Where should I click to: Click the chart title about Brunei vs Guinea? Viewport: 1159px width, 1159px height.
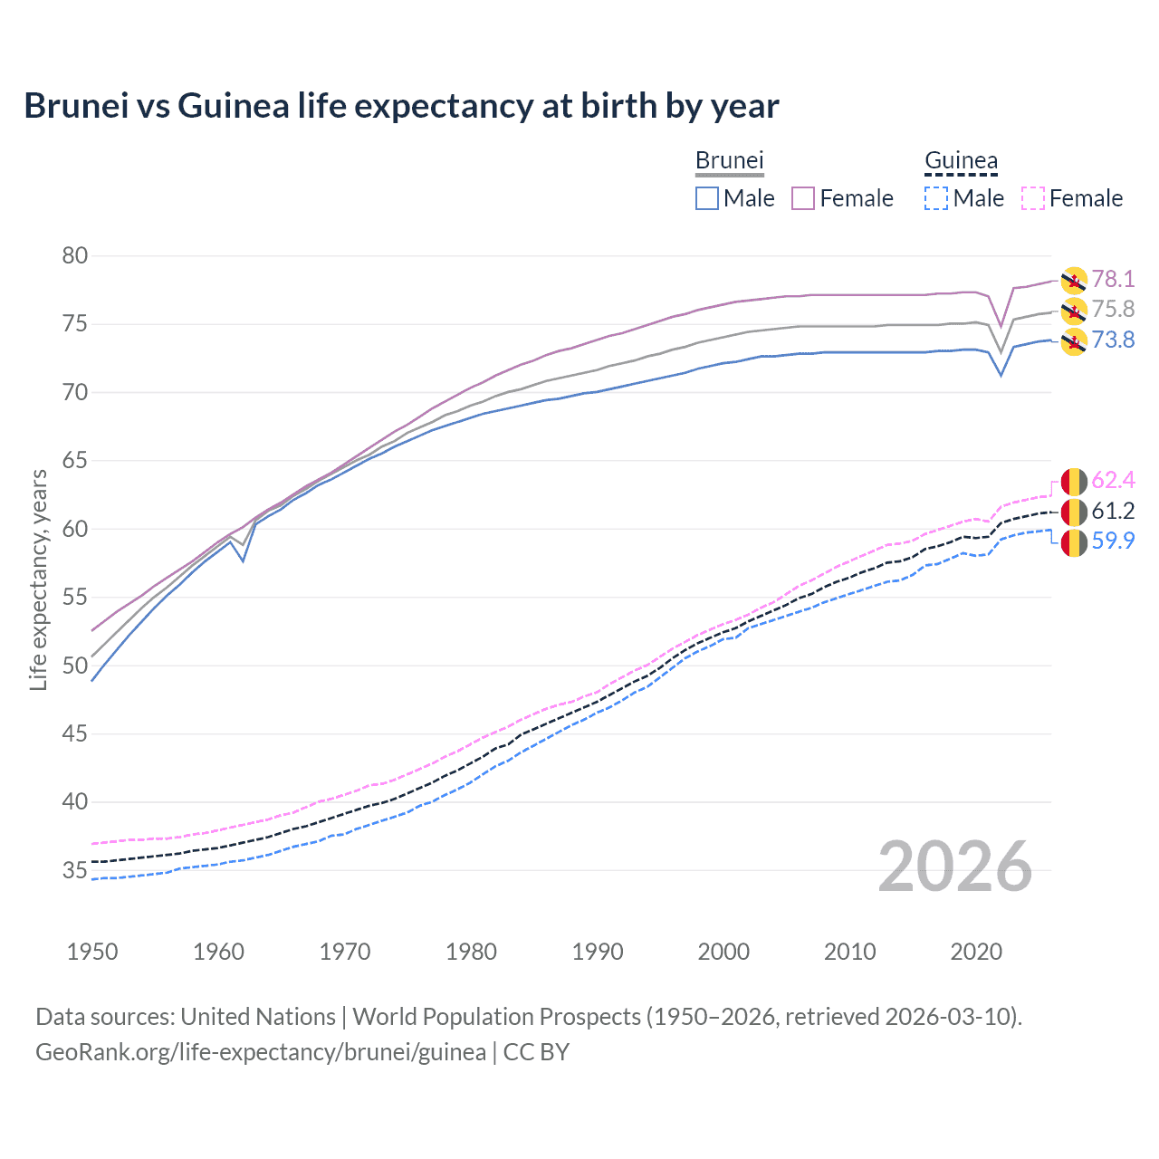pos(401,106)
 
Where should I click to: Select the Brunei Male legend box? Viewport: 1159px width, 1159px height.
pos(707,198)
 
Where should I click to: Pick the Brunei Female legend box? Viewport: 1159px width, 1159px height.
pos(803,198)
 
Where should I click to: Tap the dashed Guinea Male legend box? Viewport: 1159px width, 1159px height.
pos(936,198)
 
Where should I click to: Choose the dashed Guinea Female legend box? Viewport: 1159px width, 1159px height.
pos(1033,198)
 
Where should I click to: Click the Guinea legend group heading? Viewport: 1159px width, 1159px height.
pos(961,161)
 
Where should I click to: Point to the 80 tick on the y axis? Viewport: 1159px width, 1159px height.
pos(75,256)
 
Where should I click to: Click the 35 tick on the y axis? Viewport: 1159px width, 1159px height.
pos(75,871)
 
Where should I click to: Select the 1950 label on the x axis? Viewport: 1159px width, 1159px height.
pos(92,952)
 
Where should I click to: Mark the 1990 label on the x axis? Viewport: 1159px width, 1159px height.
pos(598,952)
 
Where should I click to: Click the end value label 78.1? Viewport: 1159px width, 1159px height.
pos(1113,279)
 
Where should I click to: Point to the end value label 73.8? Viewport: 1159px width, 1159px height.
pos(1113,340)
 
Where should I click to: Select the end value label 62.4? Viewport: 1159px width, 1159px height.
pos(1113,480)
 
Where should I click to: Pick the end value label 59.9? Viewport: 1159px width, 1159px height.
pos(1113,541)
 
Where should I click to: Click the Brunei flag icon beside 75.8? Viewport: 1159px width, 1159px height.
pos(1074,311)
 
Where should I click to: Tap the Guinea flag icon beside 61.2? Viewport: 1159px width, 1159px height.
pos(1074,512)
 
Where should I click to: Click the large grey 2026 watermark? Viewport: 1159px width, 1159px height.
pos(955,867)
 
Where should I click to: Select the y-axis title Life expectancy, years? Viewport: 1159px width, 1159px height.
pos(39,579)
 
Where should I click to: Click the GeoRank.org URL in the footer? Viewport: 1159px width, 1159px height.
pos(261,1052)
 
